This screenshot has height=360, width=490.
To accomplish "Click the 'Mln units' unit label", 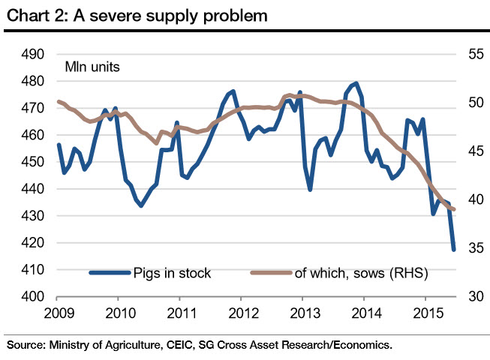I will tap(92, 66).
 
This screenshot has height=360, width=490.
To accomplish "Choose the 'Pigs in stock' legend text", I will tap(172, 274).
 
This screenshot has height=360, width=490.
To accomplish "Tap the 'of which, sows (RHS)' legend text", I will tap(361, 274).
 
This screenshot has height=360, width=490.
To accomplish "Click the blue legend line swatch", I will tap(109, 274).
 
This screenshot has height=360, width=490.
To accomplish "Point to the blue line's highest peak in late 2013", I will tap(356, 83).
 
